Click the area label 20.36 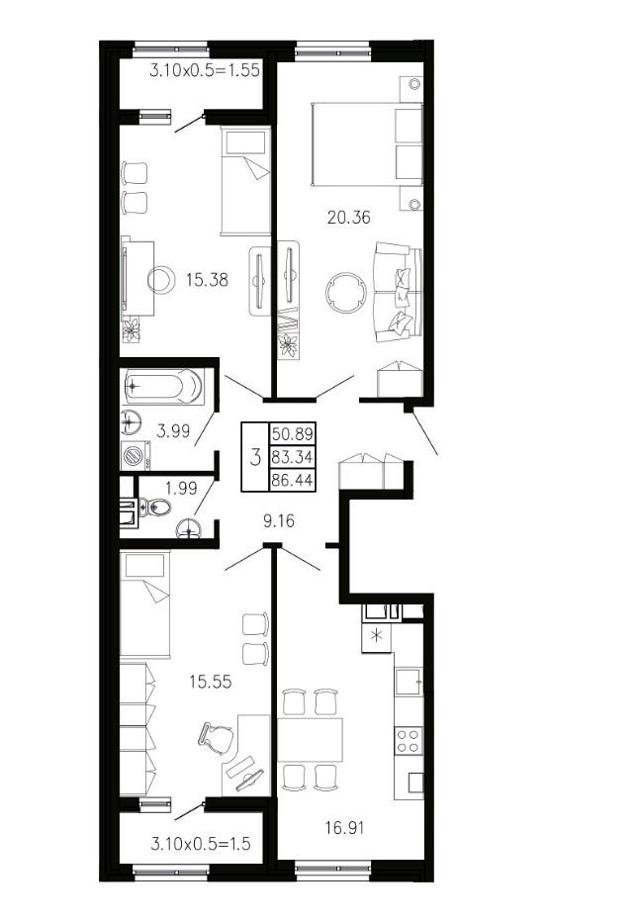[x=348, y=218]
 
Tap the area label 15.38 [x=207, y=279]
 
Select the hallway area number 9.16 [x=278, y=521]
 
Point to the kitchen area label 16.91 [x=344, y=828]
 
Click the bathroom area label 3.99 [x=173, y=430]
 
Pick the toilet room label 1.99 [x=181, y=488]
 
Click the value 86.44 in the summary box [x=292, y=480]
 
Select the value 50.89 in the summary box [x=292, y=434]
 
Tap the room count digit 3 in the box [x=255, y=457]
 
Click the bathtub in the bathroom [x=164, y=387]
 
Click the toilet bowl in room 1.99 [x=154, y=507]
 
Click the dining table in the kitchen [x=310, y=740]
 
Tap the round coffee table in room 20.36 [x=347, y=293]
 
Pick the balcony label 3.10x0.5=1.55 [x=205, y=70]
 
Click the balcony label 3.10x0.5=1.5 [x=200, y=843]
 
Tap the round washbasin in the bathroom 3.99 [x=132, y=421]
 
